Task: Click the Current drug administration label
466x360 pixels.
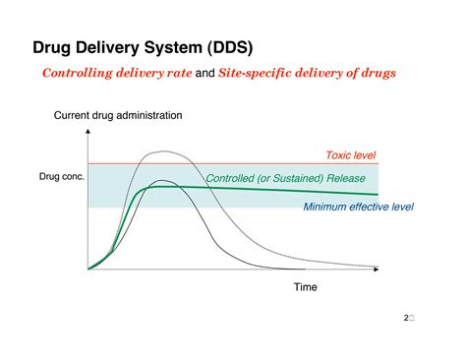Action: (x=118, y=116)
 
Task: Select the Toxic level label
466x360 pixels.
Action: (x=350, y=155)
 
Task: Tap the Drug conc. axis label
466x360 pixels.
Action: (x=61, y=176)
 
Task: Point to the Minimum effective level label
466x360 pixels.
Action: (x=358, y=207)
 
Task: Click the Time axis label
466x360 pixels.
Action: (x=307, y=286)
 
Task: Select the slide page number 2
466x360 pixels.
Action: (x=406, y=318)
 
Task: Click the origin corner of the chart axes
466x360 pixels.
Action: (x=88, y=269)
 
